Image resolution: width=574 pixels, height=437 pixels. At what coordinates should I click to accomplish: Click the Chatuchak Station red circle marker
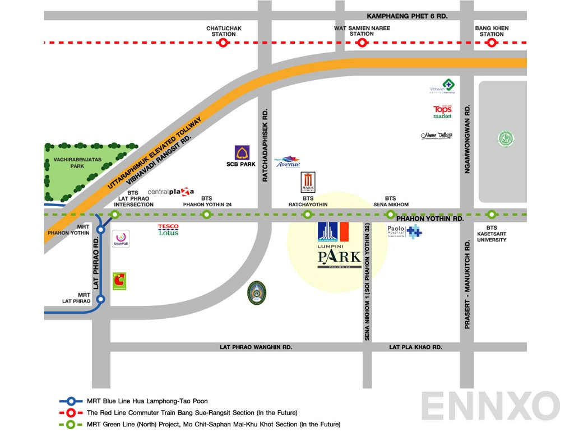click(223, 43)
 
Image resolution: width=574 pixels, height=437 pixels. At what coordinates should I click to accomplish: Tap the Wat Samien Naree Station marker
click(362, 43)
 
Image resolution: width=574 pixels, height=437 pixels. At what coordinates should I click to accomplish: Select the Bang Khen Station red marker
click(492, 43)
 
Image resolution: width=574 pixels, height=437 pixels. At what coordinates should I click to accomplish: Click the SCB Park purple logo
click(242, 153)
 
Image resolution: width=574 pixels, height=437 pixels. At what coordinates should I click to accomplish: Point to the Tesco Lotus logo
click(168, 230)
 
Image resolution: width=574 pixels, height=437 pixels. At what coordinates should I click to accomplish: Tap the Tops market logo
click(442, 112)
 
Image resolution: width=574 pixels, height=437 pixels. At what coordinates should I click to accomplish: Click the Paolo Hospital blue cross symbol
click(414, 231)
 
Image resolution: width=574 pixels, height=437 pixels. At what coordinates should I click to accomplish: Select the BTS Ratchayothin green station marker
click(307, 214)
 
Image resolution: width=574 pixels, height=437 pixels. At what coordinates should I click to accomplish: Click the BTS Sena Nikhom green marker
click(391, 214)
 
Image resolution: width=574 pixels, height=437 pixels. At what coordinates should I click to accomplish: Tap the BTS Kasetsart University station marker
click(492, 214)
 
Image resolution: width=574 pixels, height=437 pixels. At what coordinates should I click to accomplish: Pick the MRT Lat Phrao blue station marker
click(100, 299)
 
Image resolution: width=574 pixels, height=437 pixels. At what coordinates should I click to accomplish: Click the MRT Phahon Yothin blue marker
click(100, 229)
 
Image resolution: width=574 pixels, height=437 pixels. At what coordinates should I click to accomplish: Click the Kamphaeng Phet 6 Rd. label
click(407, 16)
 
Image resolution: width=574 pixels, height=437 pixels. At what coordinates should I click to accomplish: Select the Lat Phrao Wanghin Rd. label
click(256, 347)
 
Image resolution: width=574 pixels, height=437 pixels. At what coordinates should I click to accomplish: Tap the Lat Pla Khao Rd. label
click(415, 347)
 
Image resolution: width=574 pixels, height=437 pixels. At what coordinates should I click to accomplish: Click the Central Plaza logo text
click(171, 192)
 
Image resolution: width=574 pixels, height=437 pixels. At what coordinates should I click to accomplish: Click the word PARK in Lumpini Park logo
click(339, 258)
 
